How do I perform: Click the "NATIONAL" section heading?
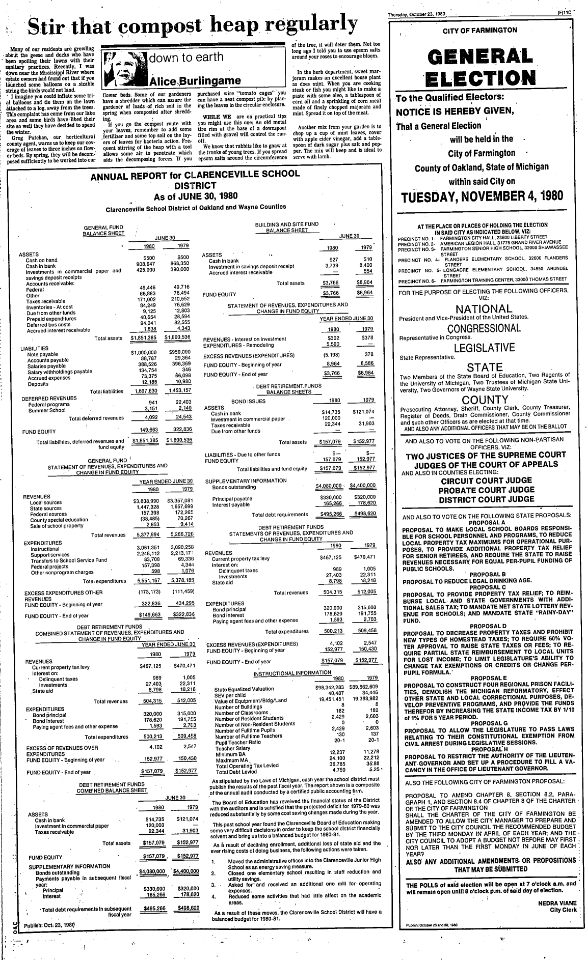click(x=484, y=309)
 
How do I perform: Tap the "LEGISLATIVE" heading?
click(x=484, y=348)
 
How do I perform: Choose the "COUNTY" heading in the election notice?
click(x=485, y=400)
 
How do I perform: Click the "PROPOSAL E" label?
click(x=488, y=678)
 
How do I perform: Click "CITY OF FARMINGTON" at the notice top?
click(x=479, y=31)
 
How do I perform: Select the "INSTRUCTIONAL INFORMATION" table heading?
click(x=292, y=673)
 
